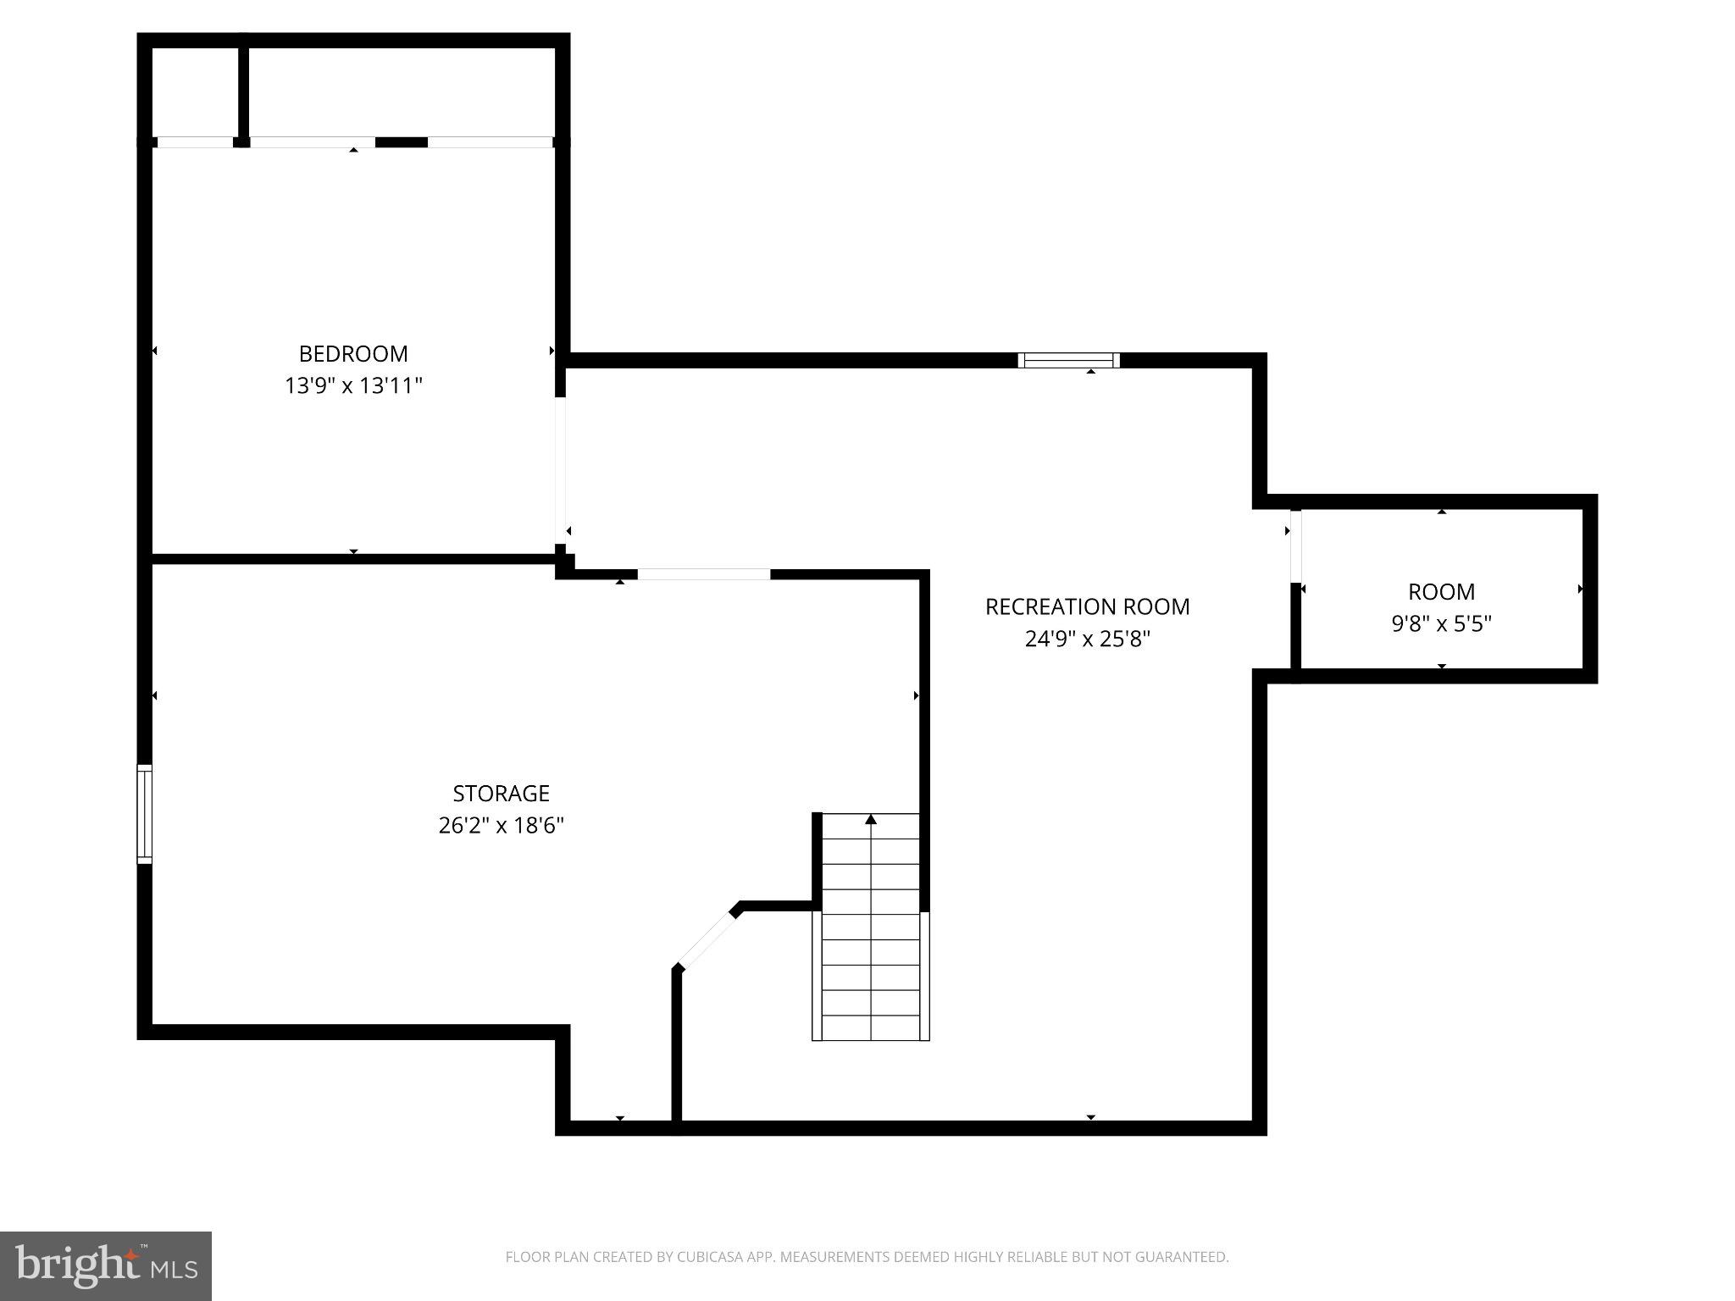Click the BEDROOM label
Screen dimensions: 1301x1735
(x=353, y=353)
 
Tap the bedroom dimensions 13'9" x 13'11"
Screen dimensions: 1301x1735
(x=353, y=386)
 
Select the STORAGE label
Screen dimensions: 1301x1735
(x=501, y=794)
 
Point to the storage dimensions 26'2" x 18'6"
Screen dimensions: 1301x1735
(x=501, y=825)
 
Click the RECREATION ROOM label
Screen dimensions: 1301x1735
(x=1087, y=606)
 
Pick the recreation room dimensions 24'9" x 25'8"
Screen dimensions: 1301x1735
(x=1087, y=639)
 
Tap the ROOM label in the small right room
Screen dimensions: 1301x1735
(x=1441, y=591)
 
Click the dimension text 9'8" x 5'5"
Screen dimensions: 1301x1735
(x=1441, y=624)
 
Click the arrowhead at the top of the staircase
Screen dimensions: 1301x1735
(x=871, y=819)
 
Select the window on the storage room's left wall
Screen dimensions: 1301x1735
(x=145, y=814)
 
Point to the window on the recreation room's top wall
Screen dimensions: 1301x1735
(x=1068, y=360)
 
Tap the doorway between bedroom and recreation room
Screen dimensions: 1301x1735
(x=560, y=470)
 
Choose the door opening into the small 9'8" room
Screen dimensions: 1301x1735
(x=1295, y=545)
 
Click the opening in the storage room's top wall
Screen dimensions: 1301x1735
(x=704, y=574)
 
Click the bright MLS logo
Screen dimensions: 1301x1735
(x=105, y=1265)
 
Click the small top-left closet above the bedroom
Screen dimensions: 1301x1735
(x=195, y=91)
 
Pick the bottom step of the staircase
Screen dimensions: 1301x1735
(x=871, y=1027)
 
